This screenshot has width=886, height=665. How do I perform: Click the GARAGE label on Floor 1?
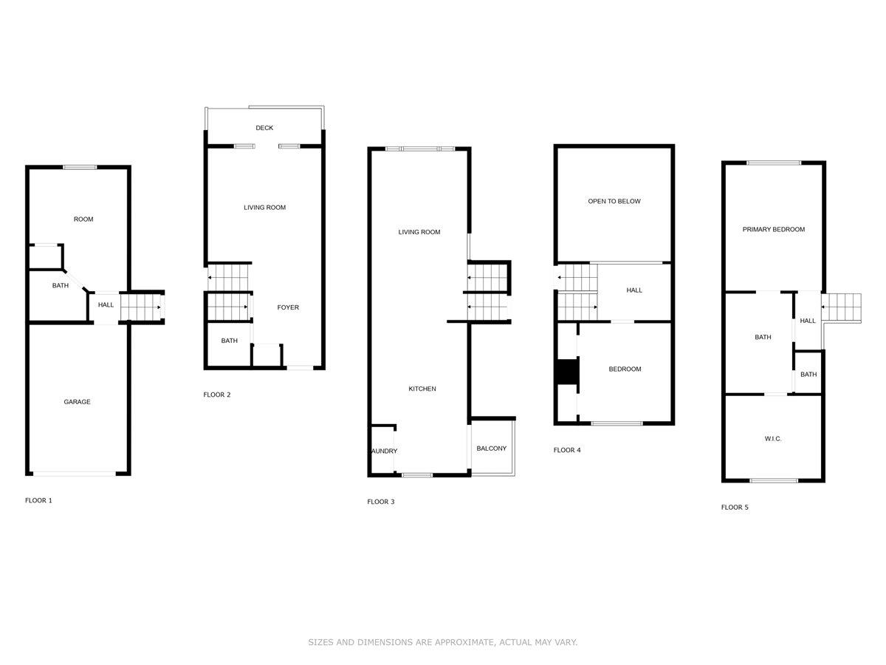pyautogui.click(x=77, y=402)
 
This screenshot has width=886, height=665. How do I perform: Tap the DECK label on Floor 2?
pyautogui.click(x=264, y=128)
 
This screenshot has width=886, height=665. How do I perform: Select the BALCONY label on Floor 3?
pyautogui.click(x=491, y=449)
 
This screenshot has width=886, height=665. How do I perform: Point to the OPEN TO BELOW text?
pyautogui.click(x=614, y=201)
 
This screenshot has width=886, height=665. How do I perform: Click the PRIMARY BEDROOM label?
pyautogui.click(x=773, y=230)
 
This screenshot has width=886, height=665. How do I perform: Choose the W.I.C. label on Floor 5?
pyautogui.click(x=772, y=439)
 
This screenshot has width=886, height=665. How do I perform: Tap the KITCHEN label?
pyautogui.click(x=422, y=389)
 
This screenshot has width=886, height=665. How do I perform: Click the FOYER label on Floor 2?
pyautogui.click(x=288, y=307)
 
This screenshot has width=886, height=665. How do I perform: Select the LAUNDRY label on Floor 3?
pyautogui.click(x=383, y=451)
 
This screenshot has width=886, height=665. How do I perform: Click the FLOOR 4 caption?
pyautogui.click(x=567, y=450)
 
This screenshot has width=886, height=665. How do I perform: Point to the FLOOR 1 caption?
pyautogui.click(x=38, y=501)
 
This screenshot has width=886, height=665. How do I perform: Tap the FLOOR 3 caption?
pyautogui.click(x=380, y=502)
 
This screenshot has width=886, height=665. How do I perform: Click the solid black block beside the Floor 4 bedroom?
pyautogui.click(x=567, y=371)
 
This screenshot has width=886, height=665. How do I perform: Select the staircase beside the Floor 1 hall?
pyautogui.click(x=142, y=307)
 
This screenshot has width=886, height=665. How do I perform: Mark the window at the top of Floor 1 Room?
pyautogui.click(x=80, y=168)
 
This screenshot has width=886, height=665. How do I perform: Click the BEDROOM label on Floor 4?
pyautogui.click(x=625, y=369)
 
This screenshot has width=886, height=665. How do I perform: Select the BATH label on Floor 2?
pyautogui.click(x=229, y=341)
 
